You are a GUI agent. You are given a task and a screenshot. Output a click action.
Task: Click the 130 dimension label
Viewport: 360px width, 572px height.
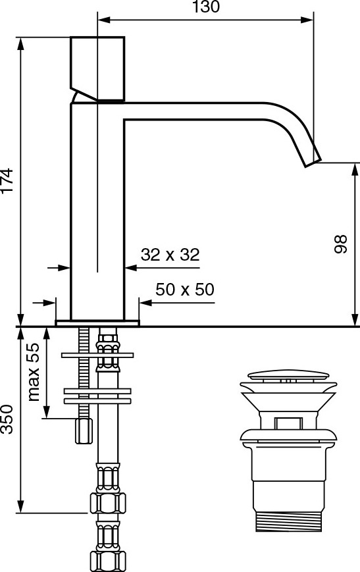[206, 7]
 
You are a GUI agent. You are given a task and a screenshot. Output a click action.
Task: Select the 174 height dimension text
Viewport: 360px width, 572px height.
[7, 180]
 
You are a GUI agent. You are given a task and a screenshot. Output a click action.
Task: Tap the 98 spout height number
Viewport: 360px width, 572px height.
[341, 244]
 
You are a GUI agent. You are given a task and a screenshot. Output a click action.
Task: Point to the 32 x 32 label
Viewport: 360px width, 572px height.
[170, 255]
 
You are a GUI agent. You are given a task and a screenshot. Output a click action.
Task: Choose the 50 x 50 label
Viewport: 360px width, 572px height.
[185, 290]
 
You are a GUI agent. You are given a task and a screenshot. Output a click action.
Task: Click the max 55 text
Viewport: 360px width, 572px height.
[33, 372]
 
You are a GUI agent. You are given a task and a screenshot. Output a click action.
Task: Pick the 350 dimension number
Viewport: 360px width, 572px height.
[7, 419]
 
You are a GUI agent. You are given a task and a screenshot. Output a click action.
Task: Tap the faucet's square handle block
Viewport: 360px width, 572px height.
[97, 68]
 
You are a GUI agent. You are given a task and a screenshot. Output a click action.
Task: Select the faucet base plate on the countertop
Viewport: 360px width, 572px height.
[97, 323]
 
